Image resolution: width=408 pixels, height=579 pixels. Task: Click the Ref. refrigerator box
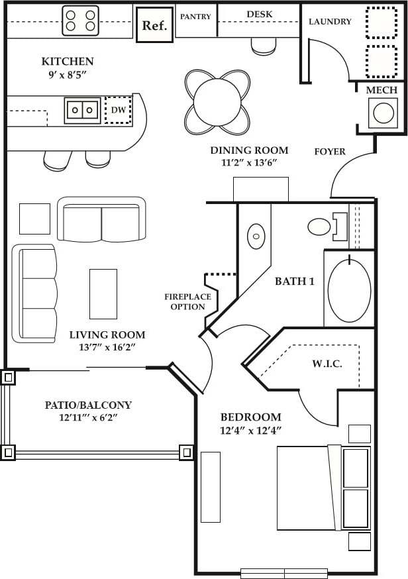coord(154,25)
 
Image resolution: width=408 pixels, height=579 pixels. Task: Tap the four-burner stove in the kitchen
coord(80,21)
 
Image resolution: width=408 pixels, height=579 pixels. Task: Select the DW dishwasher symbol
coord(119,109)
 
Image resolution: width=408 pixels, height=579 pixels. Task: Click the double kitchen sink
coord(83,110)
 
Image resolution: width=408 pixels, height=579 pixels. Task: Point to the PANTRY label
coord(195,16)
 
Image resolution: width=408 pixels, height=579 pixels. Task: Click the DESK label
coord(259,14)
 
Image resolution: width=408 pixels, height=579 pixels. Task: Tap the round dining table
coord(217,102)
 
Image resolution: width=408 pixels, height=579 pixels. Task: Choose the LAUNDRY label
coord(330,21)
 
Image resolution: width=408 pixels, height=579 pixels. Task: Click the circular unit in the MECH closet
coord(385,113)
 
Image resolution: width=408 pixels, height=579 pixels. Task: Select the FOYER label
coord(330,152)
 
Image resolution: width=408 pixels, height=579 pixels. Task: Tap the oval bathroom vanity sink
coord(256,236)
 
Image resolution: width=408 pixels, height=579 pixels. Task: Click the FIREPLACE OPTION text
coord(187,302)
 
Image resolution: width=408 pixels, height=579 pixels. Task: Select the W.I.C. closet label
coord(327,364)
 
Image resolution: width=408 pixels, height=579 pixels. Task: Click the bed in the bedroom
coord(323,488)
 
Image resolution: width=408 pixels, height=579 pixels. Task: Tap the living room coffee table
coord(103,293)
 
